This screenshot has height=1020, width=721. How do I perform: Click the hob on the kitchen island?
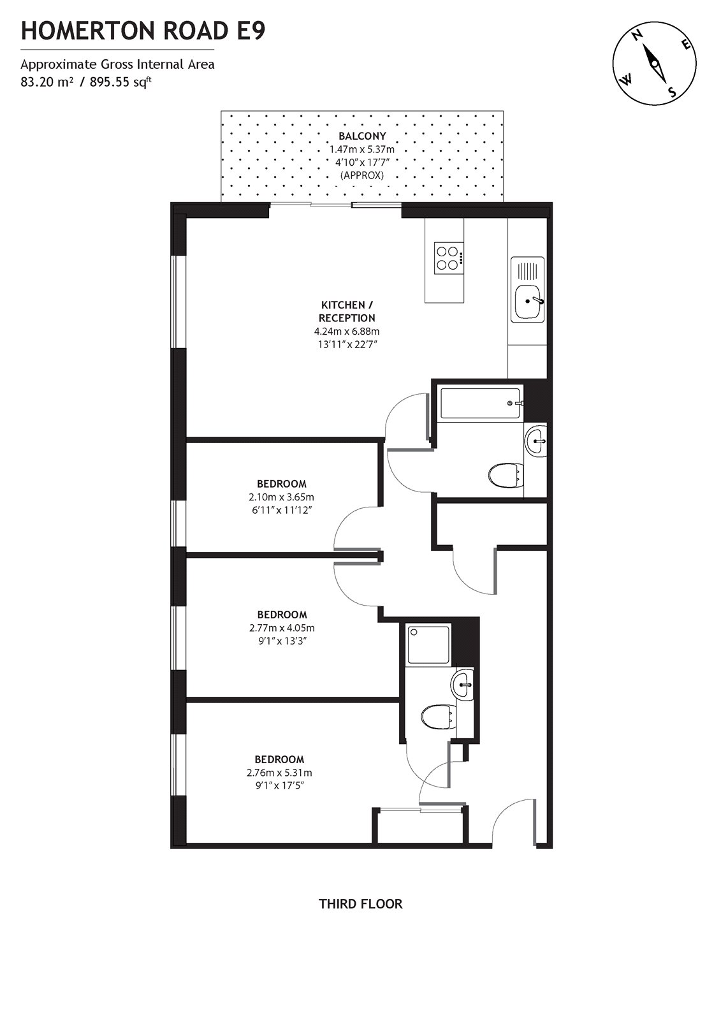[449, 258]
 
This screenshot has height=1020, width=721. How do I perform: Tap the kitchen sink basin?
[527, 302]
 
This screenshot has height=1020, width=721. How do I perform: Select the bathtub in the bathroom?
[481, 402]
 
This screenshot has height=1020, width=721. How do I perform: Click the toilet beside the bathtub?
[505, 474]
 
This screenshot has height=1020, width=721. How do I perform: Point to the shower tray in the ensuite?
[429, 644]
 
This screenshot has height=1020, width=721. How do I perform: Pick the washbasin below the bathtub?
[535, 440]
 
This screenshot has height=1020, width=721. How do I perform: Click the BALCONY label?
[361, 136]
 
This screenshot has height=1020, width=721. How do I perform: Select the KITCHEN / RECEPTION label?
[347, 311]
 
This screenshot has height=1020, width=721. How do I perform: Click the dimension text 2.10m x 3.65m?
[281, 497]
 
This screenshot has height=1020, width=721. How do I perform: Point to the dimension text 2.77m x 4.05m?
[282, 628]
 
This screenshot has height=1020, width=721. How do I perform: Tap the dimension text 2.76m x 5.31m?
[279, 773]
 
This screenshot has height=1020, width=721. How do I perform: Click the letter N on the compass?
[637, 36]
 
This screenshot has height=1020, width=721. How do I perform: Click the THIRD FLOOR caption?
[360, 903]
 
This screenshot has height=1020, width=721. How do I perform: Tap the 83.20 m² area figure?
[47, 81]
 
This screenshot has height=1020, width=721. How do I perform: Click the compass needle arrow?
[654, 64]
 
